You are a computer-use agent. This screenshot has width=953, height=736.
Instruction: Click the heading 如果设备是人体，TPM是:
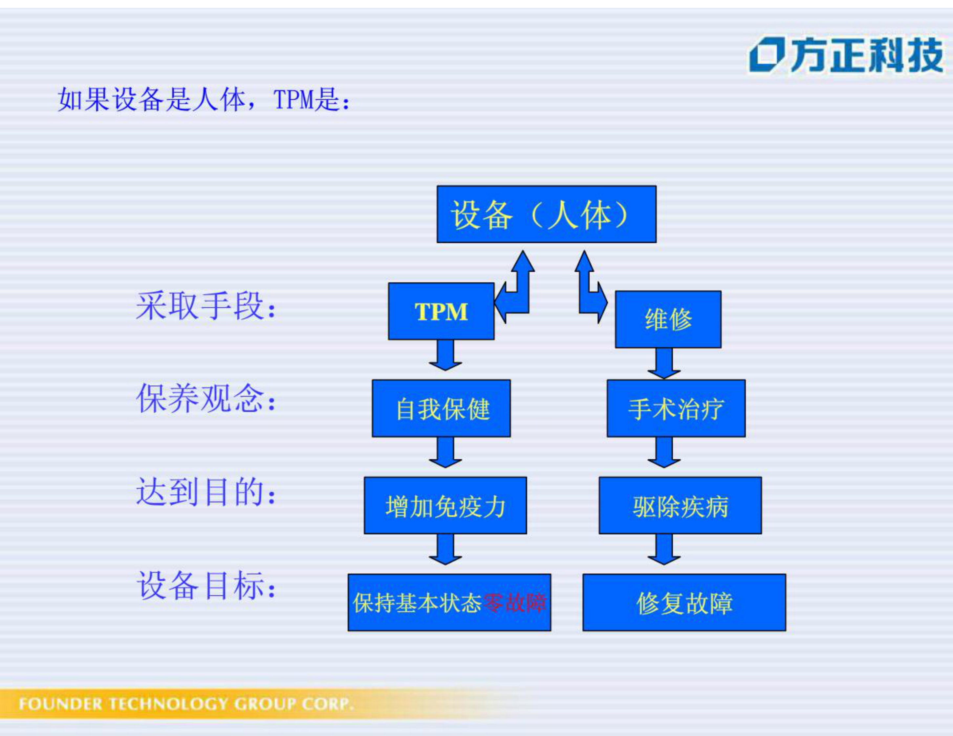click(x=204, y=99)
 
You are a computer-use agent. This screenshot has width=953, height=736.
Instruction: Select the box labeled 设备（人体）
click(x=546, y=214)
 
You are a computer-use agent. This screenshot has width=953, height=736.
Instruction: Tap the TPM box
click(x=441, y=311)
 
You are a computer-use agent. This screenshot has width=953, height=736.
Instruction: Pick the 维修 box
click(x=668, y=319)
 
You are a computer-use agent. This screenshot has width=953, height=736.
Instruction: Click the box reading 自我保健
click(x=441, y=409)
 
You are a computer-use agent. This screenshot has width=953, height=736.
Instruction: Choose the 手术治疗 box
click(x=676, y=409)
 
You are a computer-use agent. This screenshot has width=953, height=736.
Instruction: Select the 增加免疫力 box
click(x=445, y=506)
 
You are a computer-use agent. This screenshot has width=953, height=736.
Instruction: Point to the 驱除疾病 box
click(x=680, y=506)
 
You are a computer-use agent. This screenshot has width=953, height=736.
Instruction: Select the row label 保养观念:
click(x=206, y=399)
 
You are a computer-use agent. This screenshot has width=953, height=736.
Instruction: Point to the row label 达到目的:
click(x=206, y=492)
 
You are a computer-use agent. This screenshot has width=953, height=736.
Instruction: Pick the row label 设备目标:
click(x=206, y=585)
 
